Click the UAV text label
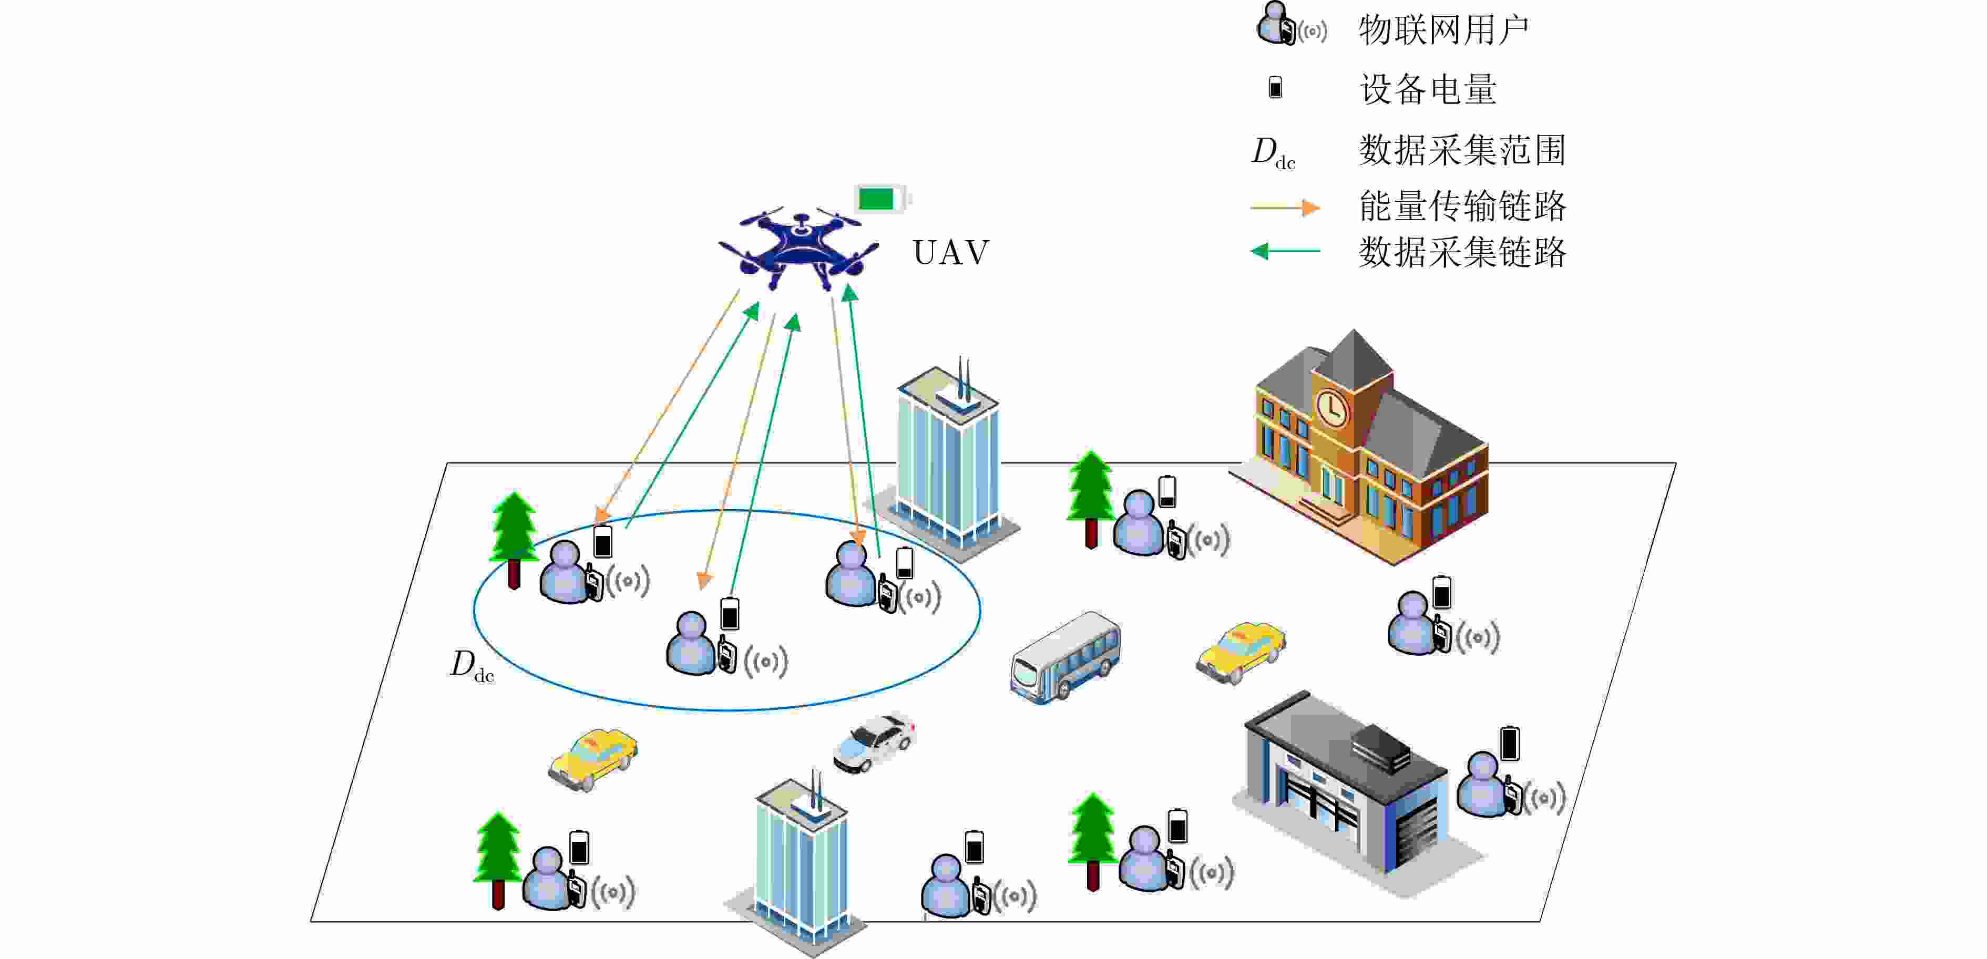coord(951,253)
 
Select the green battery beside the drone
coord(879,199)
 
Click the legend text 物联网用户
coord(1442,31)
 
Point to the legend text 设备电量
coord(1428,89)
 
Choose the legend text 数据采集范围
coord(1462,150)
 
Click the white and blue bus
coord(1065,657)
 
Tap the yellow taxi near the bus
coord(1241,652)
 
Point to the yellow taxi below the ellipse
coord(592,759)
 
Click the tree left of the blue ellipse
coord(514,540)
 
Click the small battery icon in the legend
coord(1275,87)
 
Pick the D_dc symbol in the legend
coord(1273,152)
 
